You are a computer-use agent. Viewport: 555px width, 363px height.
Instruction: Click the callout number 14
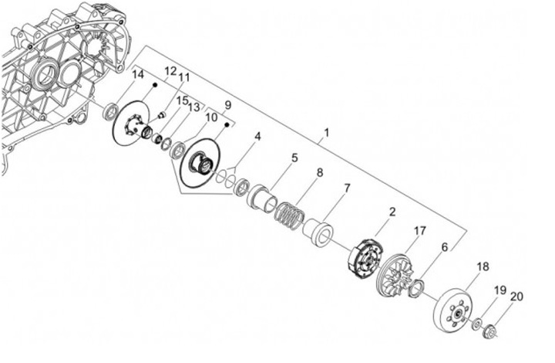click(x=139, y=75)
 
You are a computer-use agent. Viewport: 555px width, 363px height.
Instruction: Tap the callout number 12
click(x=170, y=71)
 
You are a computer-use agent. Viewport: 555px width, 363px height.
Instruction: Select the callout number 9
click(x=227, y=105)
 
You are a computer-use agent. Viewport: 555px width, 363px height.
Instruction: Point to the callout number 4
click(x=257, y=136)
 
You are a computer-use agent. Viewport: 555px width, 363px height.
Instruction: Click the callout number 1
click(x=326, y=133)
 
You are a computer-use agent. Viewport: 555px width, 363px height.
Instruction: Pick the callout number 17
click(x=419, y=231)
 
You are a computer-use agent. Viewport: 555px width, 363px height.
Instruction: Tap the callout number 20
click(x=516, y=297)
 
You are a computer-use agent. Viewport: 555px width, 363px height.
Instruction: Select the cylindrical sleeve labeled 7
click(x=318, y=232)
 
